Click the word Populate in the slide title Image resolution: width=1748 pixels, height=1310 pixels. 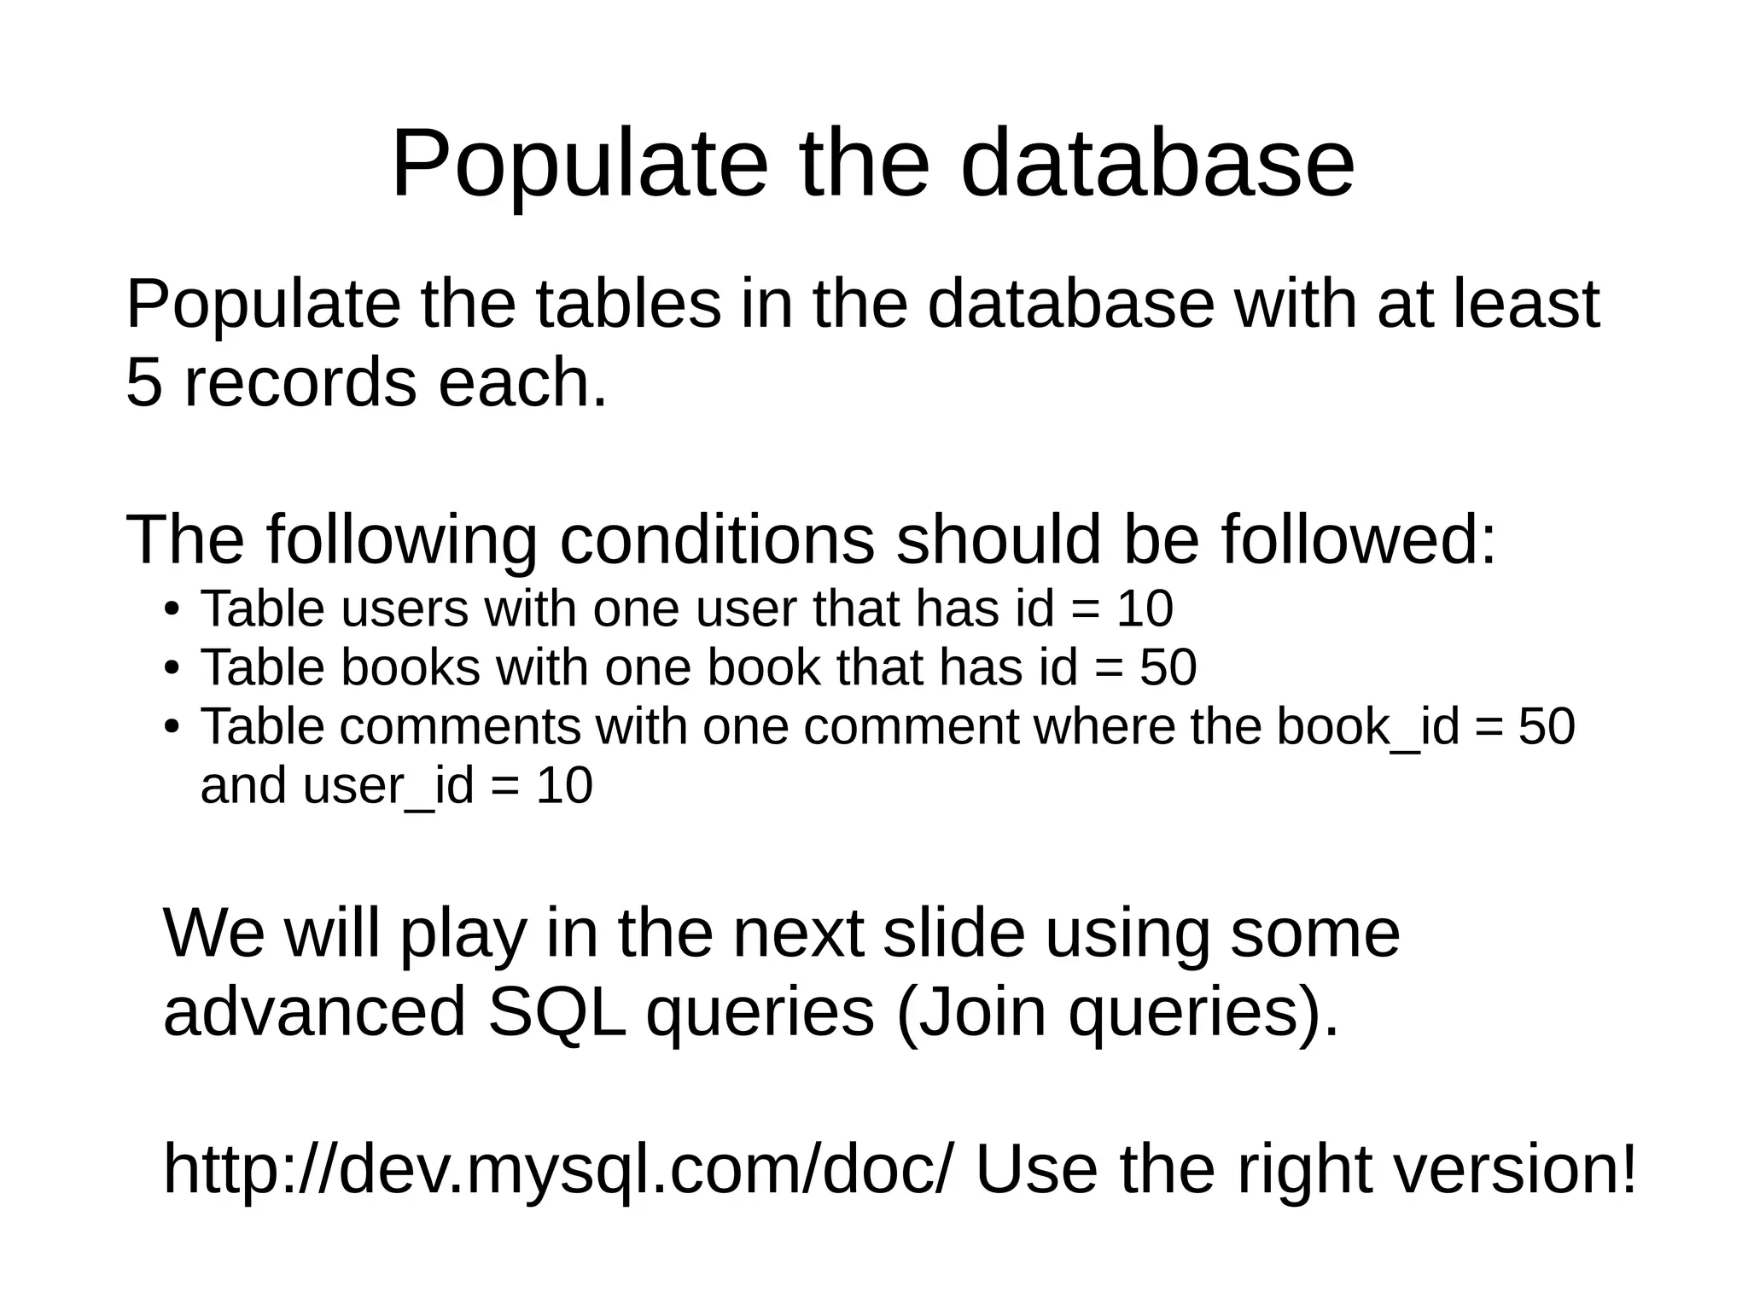(x=580, y=164)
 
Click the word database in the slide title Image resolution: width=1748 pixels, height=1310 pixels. (x=1157, y=164)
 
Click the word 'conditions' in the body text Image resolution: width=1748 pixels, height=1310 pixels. (x=717, y=540)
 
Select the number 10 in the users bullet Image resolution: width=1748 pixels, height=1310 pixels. (x=1145, y=610)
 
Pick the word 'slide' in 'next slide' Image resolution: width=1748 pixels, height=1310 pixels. (x=953, y=934)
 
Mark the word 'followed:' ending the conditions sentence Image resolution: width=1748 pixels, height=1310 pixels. (x=1358, y=540)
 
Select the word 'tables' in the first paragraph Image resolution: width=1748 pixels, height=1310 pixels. (x=628, y=305)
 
